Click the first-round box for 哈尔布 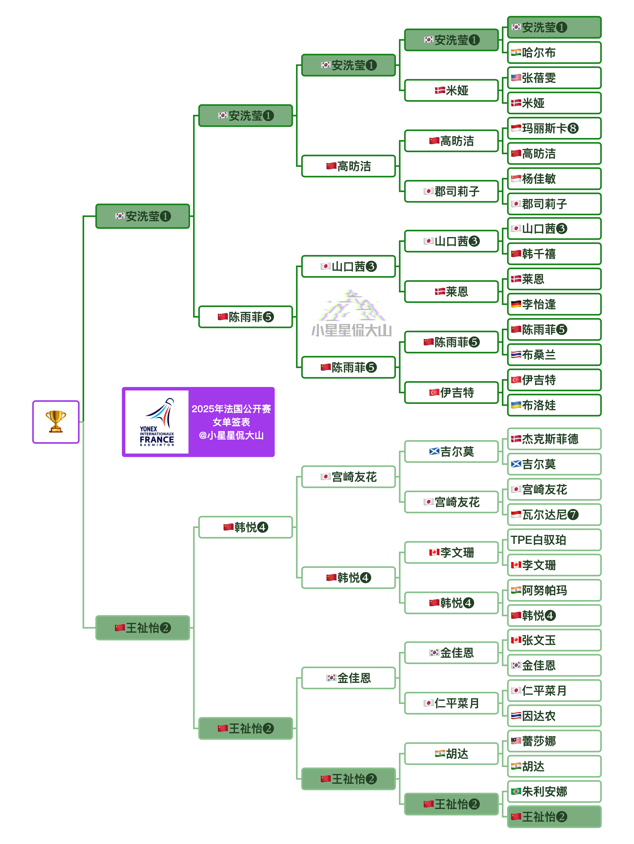pyautogui.click(x=554, y=53)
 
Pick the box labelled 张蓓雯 pyautogui.click(x=554, y=78)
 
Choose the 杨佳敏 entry pyautogui.click(x=554, y=179)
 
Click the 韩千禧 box pyautogui.click(x=554, y=254)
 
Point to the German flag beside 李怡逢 pyautogui.click(x=516, y=304)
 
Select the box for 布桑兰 pyautogui.click(x=554, y=355)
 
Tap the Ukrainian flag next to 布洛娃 pyautogui.click(x=516, y=405)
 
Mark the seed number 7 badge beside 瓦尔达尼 pyautogui.click(x=572, y=515)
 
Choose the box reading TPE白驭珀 pyautogui.click(x=554, y=540)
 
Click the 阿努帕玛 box pyautogui.click(x=554, y=590)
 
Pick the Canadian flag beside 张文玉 pyautogui.click(x=516, y=640)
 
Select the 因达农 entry pyautogui.click(x=554, y=716)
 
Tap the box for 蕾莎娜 pyautogui.click(x=554, y=741)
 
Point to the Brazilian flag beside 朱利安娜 pyautogui.click(x=516, y=791)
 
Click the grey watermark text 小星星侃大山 pyautogui.click(x=351, y=330)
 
